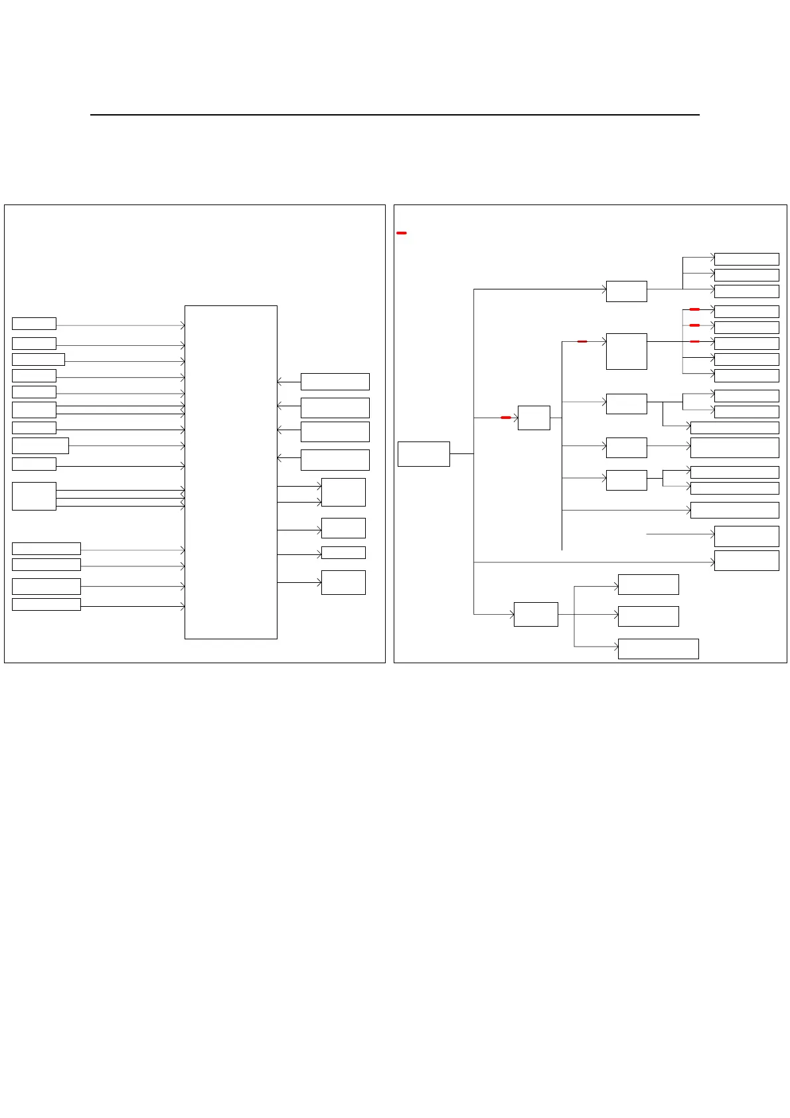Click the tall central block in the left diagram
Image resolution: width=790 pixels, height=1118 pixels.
(230, 471)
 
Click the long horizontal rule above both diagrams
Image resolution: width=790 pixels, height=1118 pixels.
(394, 115)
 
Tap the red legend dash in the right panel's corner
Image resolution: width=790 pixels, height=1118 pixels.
(401, 233)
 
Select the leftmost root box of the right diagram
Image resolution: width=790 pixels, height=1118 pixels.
(424, 454)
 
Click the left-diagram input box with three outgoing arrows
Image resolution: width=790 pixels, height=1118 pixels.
(34, 496)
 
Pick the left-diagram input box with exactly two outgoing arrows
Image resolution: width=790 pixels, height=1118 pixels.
(34, 410)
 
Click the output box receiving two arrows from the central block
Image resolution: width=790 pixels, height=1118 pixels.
(343, 492)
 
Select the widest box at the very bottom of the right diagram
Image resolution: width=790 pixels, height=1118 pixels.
(658, 649)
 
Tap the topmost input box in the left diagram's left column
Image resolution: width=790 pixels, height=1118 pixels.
(34, 323)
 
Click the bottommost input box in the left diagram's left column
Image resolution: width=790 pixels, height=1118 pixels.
(46, 604)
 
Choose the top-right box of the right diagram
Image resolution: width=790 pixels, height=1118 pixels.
(746, 259)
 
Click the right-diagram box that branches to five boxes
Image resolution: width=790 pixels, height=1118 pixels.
(626, 351)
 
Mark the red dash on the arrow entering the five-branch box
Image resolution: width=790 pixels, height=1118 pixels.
(582, 341)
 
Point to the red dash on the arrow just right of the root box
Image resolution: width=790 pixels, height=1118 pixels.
(506, 418)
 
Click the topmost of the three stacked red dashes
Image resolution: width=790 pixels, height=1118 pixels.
(694, 309)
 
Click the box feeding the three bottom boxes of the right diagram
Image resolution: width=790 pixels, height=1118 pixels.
(536, 614)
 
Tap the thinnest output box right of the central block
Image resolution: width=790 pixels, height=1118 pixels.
(343, 552)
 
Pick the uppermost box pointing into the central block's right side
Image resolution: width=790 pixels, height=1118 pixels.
(335, 381)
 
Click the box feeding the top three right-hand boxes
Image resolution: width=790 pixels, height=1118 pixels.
(626, 291)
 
